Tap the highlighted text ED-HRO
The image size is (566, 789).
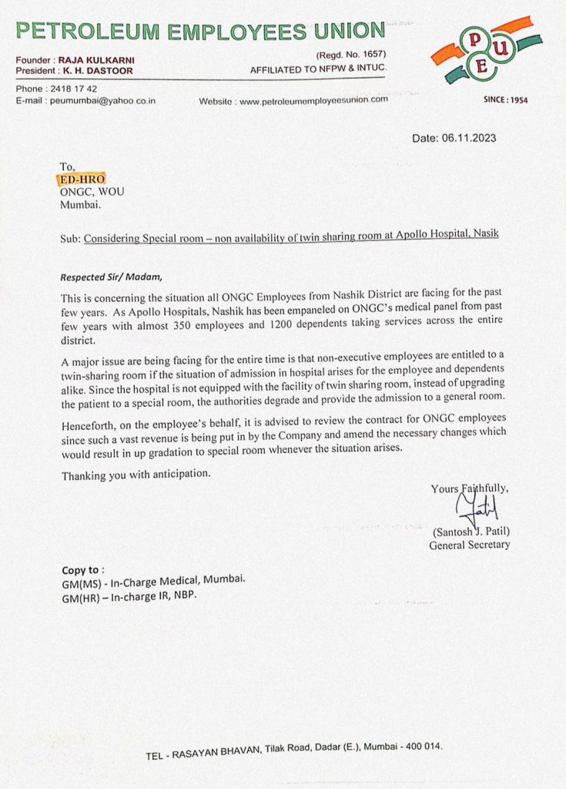(x=82, y=180)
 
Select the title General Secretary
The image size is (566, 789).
(x=469, y=546)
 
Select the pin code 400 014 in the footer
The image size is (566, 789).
(x=422, y=747)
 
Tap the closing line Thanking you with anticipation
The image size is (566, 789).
(x=136, y=475)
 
